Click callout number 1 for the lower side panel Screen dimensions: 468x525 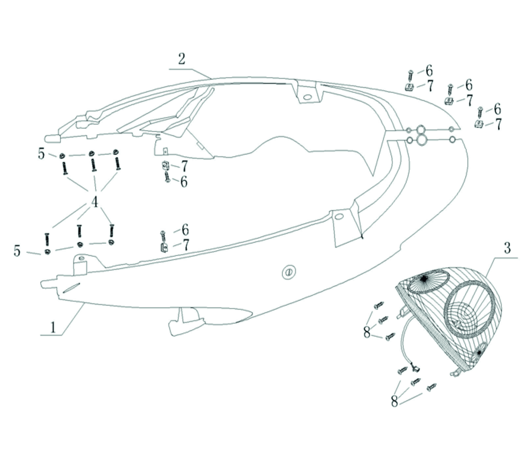[53, 327]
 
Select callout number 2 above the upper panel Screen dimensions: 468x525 [182, 59]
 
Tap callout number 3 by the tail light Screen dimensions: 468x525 [507, 248]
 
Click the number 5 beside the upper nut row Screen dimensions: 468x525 [41, 154]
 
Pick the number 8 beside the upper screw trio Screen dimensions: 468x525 [367, 332]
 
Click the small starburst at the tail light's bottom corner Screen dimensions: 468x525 [479, 353]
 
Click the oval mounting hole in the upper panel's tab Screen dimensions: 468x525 [308, 97]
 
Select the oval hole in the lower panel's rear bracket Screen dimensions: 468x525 [338, 217]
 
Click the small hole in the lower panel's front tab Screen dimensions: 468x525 [81, 258]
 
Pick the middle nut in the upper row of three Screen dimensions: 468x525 [91, 153]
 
